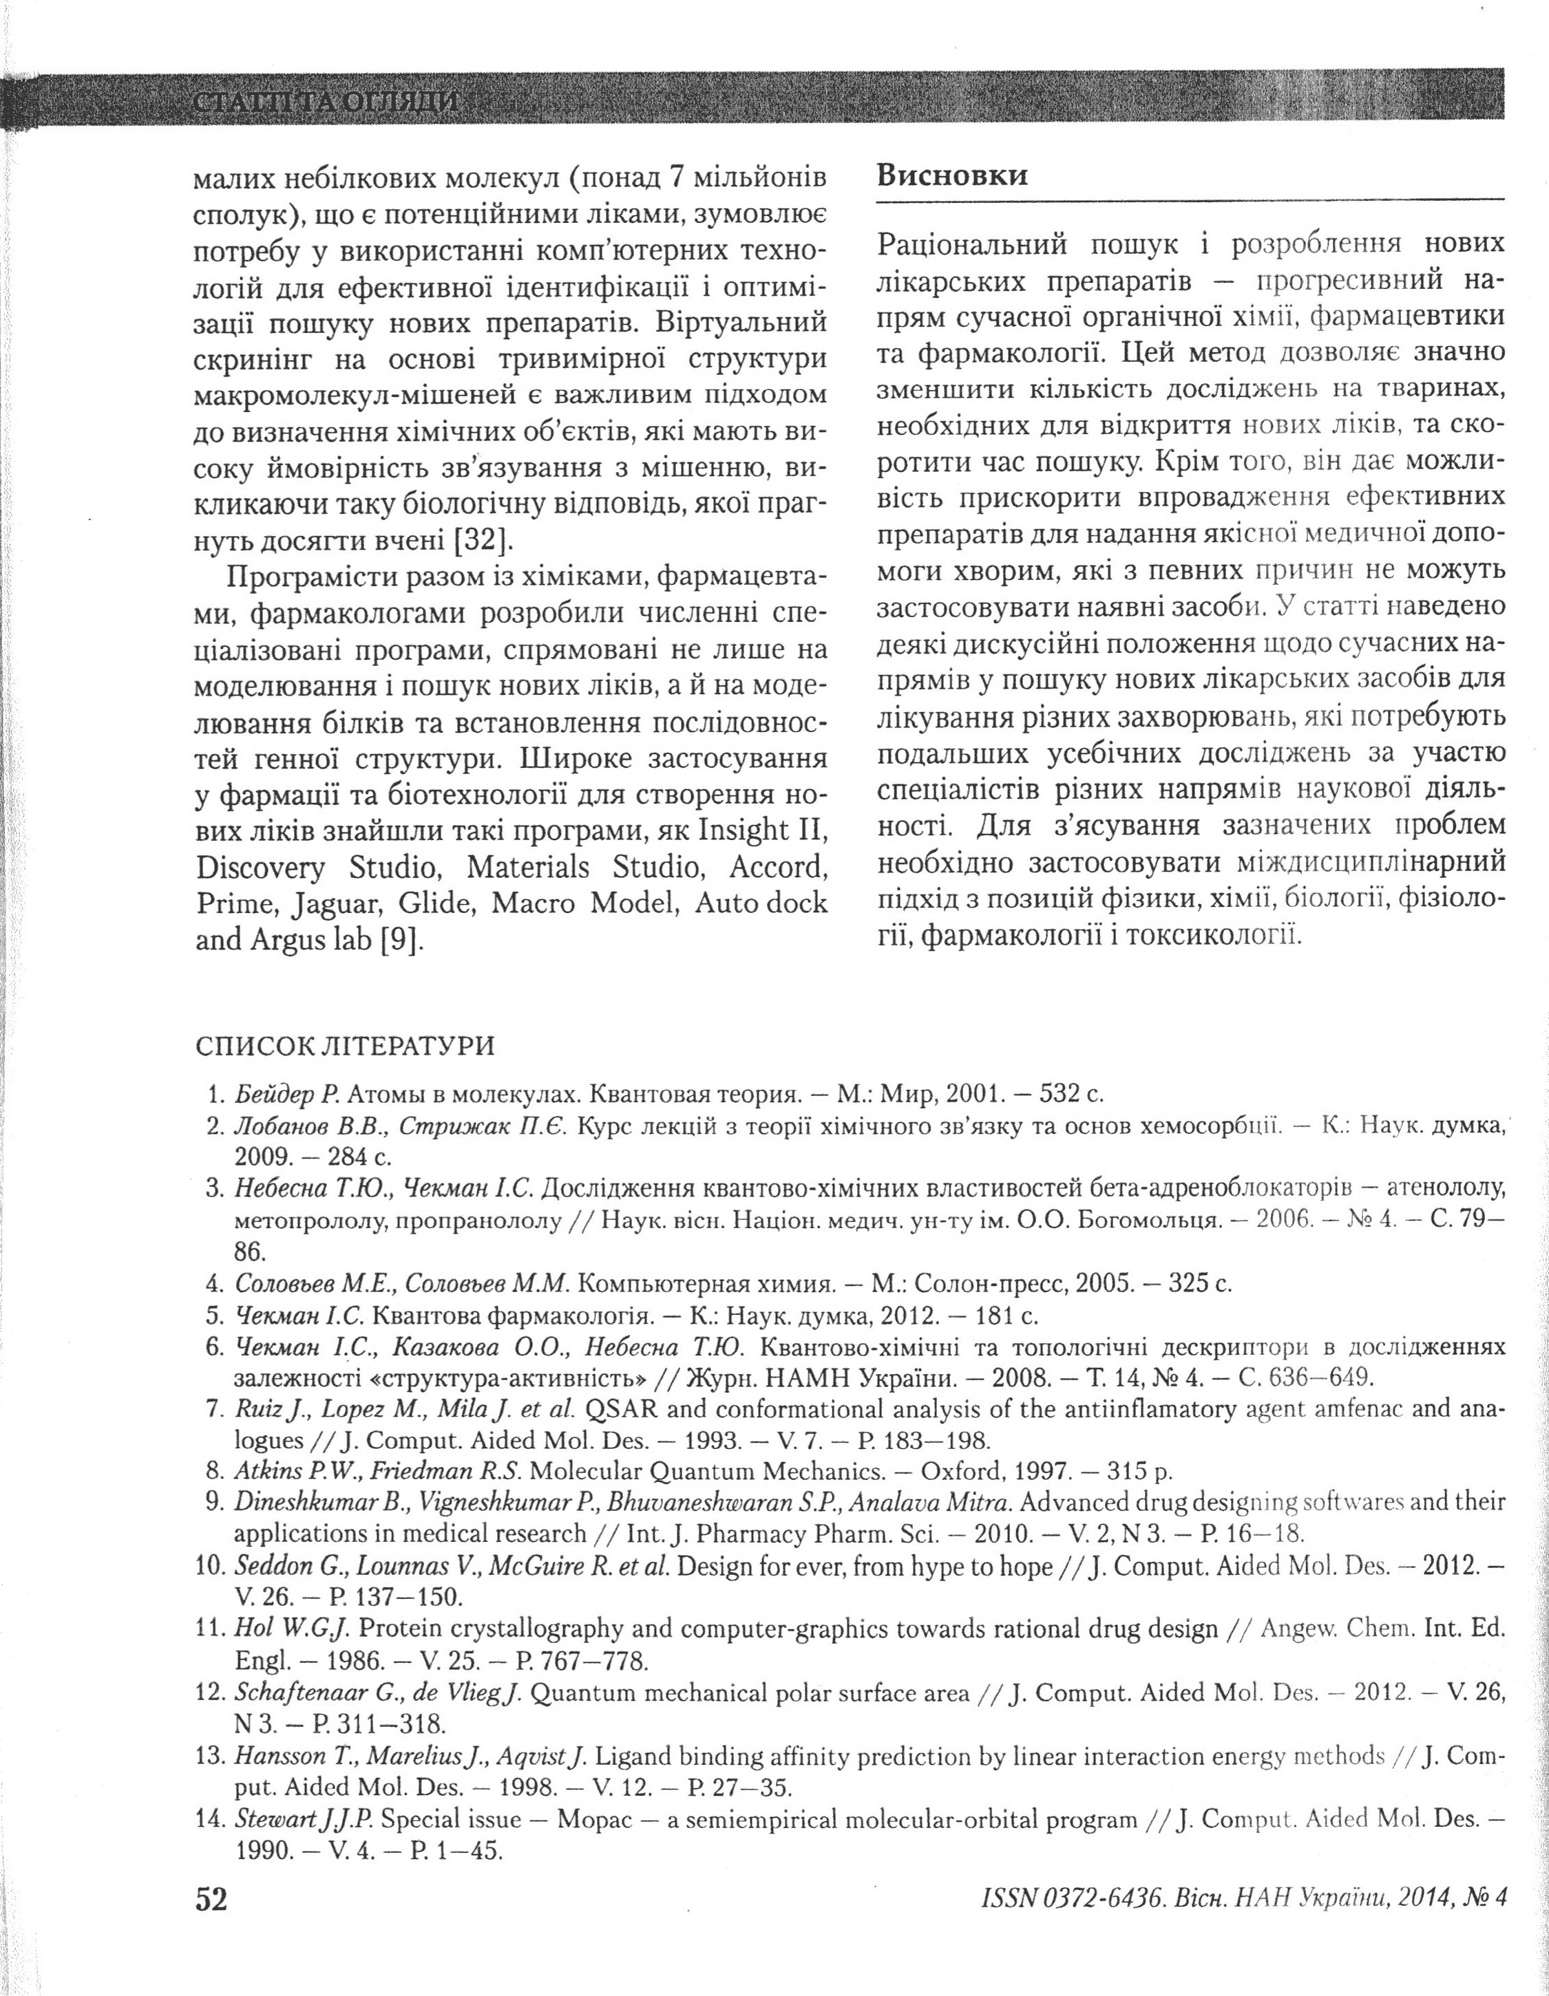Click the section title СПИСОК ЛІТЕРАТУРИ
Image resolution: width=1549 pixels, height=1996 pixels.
tap(345, 1047)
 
